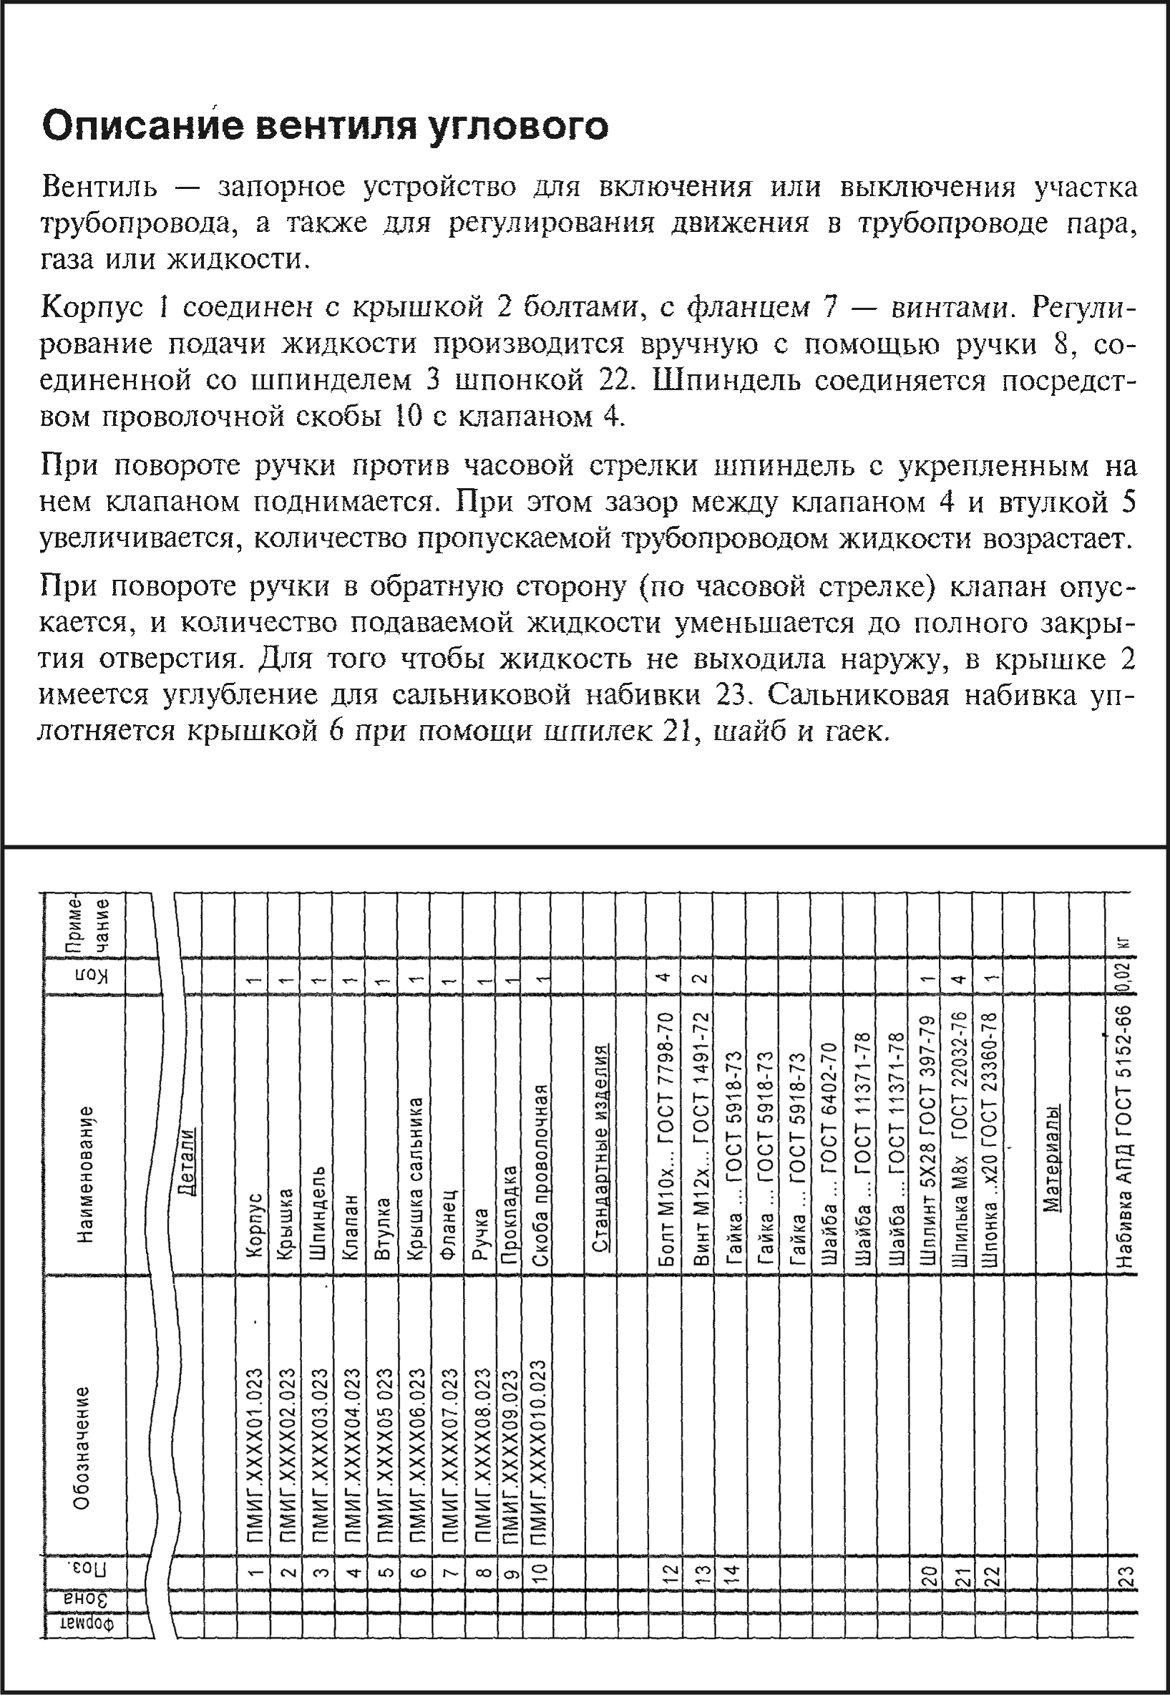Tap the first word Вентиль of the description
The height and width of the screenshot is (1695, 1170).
[x=99, y=188]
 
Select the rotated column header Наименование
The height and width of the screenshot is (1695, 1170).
[x=87, y=1174]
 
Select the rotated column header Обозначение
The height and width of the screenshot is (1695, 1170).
[x=83, y=1447]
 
